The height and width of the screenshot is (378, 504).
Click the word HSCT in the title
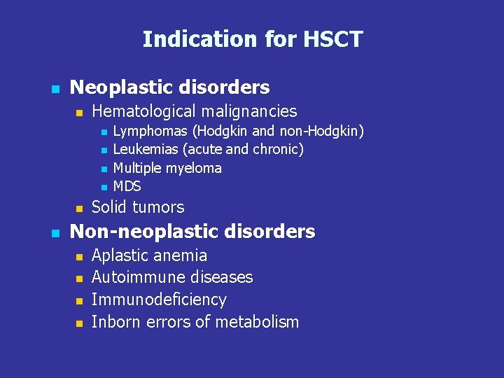333,39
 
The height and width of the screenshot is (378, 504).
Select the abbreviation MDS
127,186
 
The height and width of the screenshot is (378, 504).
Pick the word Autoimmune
136,277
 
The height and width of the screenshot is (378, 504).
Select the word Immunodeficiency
159,300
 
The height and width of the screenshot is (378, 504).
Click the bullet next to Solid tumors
79,209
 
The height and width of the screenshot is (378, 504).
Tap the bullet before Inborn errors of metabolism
79,323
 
